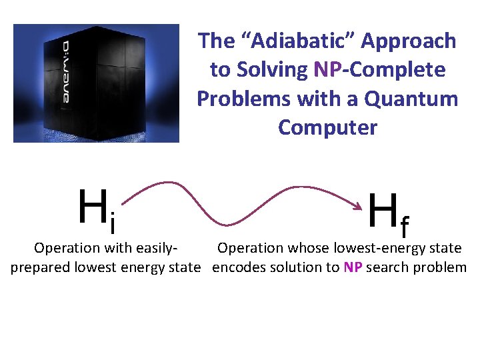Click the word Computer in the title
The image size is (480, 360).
pos(327,127)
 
